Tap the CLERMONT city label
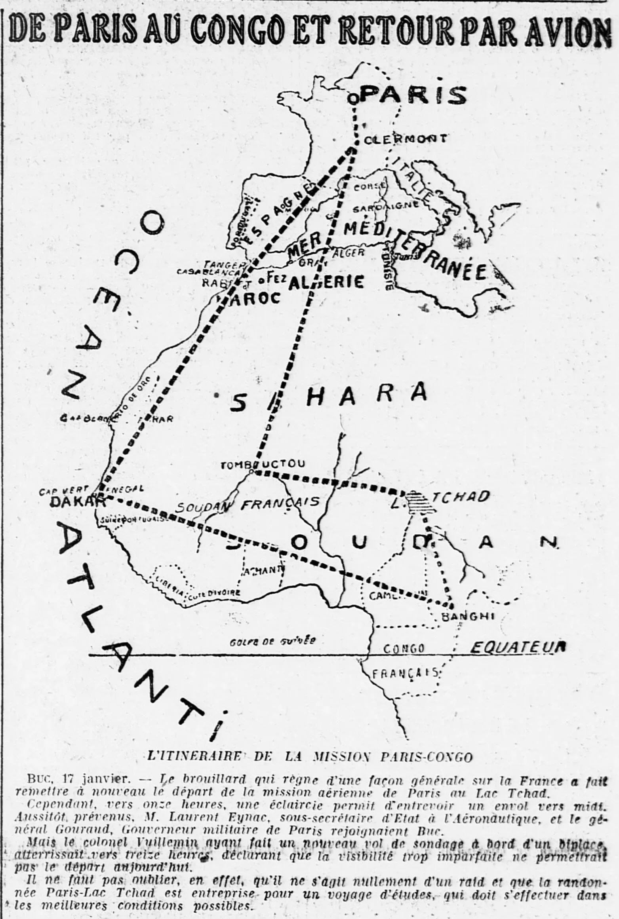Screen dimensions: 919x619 405,139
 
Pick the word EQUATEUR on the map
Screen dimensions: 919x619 517,647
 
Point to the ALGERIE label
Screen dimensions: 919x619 326,282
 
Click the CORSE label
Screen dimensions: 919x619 369,187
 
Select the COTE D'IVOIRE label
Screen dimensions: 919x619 214,593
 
